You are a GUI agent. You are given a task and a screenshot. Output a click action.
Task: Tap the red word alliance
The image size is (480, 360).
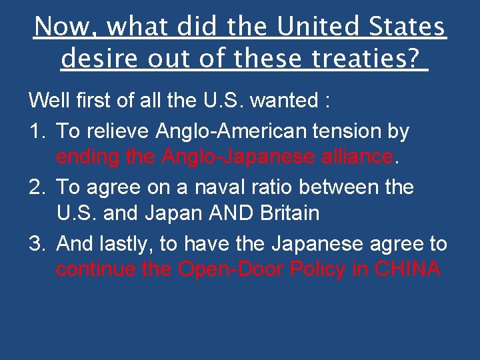(358, 157)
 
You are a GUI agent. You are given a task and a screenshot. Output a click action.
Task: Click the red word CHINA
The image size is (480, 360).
(407, 269)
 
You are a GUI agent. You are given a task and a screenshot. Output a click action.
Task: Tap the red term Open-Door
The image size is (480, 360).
(239, 269)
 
